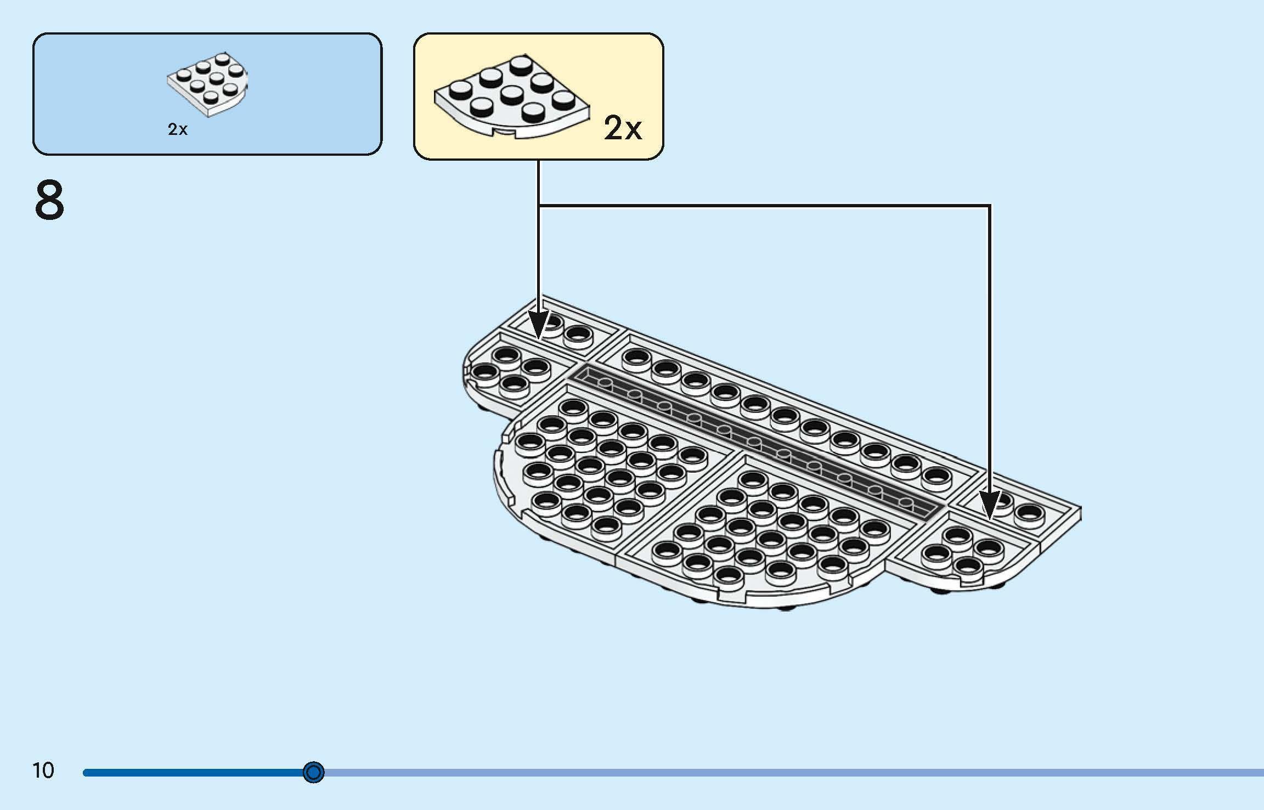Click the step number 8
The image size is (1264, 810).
point(49,201)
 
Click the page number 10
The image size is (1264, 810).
point(43,771)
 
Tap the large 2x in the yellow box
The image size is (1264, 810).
point(623,129)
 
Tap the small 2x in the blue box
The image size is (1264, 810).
point(178,129)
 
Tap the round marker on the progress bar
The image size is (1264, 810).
point(314,773)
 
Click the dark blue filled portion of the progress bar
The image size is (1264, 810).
point(192,773)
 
